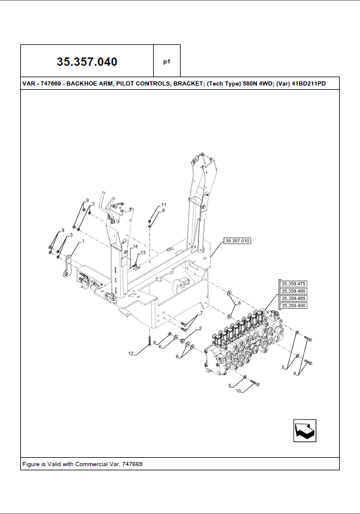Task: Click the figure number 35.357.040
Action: [x=87, y=62]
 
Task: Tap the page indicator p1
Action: [x=167, y=62]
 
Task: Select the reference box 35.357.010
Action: [x=237, y=241]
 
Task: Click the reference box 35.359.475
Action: [x=294, y=284]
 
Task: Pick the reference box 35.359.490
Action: [x=294, y=306]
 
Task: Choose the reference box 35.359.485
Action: [x=294, y=299]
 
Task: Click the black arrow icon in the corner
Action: [x=304, y=430]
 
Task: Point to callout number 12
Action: [x=131, y=354]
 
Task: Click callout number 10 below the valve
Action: [x=239, y=391]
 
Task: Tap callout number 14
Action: [x=135, y=247]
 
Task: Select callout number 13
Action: [x=143, y=253]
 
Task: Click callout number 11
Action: [x=164, y=205]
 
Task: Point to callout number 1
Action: [x=83, y=241]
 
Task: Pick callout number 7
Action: [x=202, y=313]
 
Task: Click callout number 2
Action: [x=200, y=328]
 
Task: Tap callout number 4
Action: [x=294, y=373]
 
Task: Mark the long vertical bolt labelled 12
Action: [x=149, y=341]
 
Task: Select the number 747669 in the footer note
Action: [x=132, y=464]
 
